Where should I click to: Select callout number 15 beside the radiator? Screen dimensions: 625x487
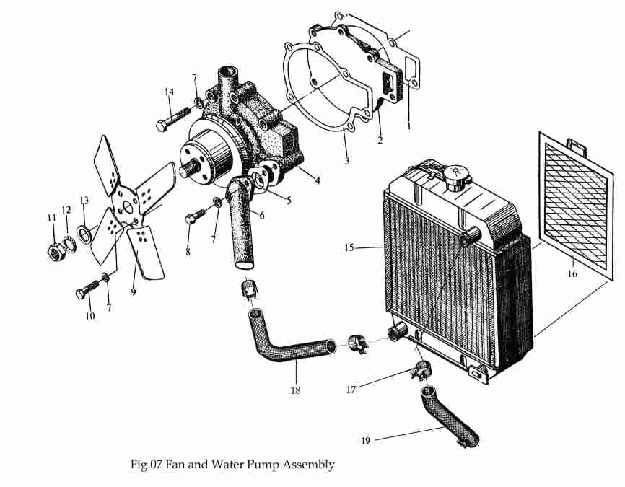point(349,247)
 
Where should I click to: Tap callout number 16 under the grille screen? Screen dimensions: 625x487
point(572,273)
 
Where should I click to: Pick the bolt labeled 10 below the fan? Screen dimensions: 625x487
point(87,290)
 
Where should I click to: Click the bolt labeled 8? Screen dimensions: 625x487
point(196,216)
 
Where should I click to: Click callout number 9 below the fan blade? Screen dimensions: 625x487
point(133,291)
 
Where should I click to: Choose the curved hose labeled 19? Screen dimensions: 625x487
point(450,416)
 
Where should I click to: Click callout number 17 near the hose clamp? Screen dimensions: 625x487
point(351,390)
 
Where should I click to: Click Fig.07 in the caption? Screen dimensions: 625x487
point(146,465)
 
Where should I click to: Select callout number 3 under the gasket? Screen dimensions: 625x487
point(346,161)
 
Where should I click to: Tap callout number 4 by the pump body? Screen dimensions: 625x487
point(318,180)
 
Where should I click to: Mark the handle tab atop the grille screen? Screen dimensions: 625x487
point(577,146)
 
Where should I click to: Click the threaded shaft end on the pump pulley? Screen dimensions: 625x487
point(188,168)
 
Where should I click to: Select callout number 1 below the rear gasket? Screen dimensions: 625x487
point(408,126)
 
